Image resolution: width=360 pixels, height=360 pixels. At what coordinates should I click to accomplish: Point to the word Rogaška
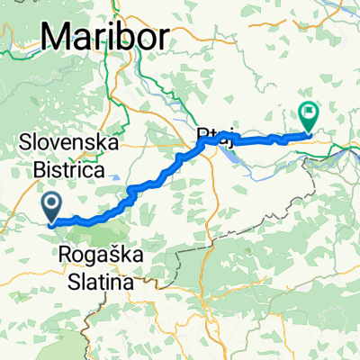(100, 256)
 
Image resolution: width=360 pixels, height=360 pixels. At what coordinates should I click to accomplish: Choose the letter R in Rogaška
(66, 256)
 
